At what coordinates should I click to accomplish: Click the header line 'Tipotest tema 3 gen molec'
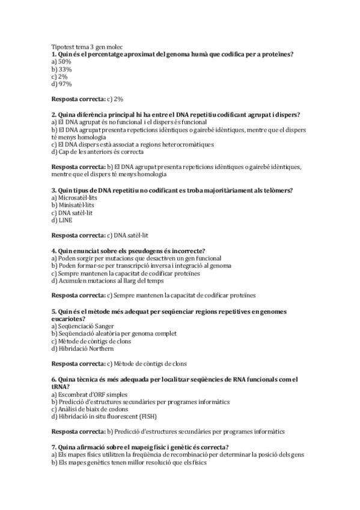87,47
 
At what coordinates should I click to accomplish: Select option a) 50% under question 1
61,61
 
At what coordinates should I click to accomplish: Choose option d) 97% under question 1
62,84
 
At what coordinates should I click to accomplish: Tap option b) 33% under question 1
62,69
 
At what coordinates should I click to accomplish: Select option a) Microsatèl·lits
74,198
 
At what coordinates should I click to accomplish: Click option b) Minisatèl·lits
73,205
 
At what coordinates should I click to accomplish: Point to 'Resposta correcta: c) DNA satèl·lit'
100,235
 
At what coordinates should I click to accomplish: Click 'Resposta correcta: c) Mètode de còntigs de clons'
119,364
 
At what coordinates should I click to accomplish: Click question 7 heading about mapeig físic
139,447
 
